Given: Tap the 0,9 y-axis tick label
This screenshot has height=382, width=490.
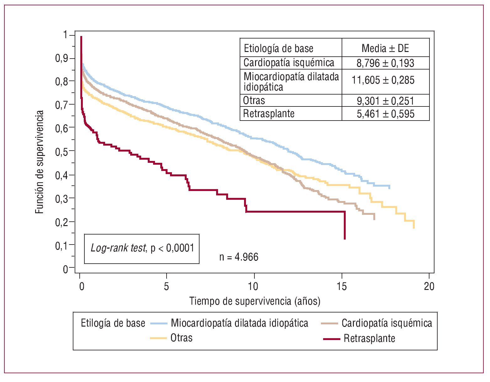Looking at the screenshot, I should tap(61, 59).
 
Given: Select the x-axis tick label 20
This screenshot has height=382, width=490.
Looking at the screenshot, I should tap(429, 286).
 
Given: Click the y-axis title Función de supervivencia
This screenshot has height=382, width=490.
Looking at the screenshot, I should tap(39, 162).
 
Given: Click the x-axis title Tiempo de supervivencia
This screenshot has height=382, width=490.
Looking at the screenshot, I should tap(255, 301).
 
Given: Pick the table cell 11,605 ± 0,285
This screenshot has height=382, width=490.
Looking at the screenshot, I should tap(383, 80).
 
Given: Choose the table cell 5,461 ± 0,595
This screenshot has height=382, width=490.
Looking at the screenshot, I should tap(386, 114).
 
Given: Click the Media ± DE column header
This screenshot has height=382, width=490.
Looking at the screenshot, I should tap(385, 48).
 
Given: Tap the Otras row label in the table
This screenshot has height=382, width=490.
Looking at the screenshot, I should tap(254, 101).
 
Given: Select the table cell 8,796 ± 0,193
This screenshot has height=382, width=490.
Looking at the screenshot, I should tap(385, 63).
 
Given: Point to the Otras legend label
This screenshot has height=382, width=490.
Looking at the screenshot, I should tap(181, 338).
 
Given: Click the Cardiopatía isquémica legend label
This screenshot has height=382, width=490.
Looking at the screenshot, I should tap(387, 323).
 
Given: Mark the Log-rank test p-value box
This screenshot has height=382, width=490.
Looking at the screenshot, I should tap(142, 249).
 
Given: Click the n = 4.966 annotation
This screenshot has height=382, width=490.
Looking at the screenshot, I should tap(239, 257).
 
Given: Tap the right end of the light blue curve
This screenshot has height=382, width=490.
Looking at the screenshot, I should tap(389, 187).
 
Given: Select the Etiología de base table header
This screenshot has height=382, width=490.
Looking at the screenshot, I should tap(279, 49).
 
